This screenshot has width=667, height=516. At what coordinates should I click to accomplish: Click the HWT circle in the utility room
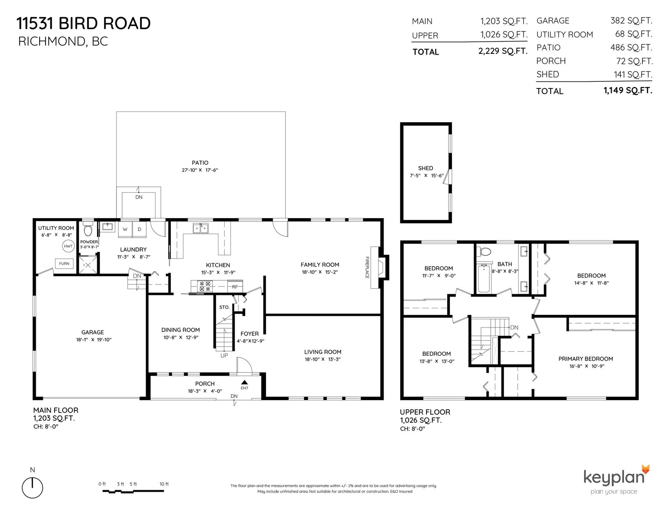tap(68, 246)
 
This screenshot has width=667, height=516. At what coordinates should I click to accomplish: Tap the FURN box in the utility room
tap(64, 264)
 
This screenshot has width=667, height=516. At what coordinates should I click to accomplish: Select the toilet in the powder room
tap(88, 230)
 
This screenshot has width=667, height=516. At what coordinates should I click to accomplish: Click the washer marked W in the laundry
tap(125, 229)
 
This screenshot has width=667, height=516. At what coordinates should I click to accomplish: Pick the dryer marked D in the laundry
tap(139, 229)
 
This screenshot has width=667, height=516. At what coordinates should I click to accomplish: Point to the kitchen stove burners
tap(205, 286)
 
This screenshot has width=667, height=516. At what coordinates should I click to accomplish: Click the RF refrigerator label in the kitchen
tap(235, 287)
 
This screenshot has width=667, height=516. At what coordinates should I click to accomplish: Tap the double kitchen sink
tap(201, 228)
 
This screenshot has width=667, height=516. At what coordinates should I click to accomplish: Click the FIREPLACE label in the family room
tap(367, 267)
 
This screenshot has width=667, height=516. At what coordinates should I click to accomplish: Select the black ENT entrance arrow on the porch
tap(244, 382)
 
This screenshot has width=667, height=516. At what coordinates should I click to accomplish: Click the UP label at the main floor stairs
tap(224, 355)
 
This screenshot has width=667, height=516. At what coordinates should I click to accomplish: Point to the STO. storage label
tap(224, 307)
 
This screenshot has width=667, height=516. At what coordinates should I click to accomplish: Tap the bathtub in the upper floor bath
tap(484, 278)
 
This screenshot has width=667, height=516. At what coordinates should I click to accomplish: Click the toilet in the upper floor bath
tap(484, 252)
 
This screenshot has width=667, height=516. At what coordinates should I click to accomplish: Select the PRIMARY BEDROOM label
tap(586, 359)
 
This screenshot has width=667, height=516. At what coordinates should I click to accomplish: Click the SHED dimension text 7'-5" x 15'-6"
tap(426, 176)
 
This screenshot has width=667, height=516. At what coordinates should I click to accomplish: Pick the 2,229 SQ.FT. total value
tap(503, 51)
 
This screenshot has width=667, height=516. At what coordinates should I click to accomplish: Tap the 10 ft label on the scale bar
tap(164, 484)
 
